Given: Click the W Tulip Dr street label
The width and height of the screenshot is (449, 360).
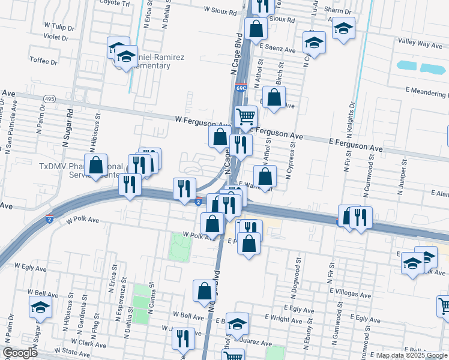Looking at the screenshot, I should pyautogui.click(x=59, y=28).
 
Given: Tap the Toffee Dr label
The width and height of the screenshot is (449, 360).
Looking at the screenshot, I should pyautogui.click(x=44, y=61).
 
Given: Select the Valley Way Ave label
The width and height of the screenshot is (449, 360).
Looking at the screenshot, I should pyautogui.click(x=420, y=44).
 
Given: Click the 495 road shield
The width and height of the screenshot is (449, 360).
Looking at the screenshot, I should pyautogui.click(x=50, y=98).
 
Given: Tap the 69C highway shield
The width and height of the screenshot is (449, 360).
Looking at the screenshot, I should pyautogui.click(x=241, y=88).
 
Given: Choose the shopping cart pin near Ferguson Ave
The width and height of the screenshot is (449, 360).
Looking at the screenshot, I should pyautogui.click(x=245, y=116).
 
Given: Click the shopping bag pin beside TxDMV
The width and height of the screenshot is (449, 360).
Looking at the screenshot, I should pyautogui.click(x=95, y=165).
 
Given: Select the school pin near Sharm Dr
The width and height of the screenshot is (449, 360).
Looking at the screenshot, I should pyautogui.click(x=343, y=28).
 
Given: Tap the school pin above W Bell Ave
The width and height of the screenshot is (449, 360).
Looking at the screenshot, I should pyautogui.click(x=40, y=307).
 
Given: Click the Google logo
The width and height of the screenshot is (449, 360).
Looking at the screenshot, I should pyautogui.click(x=19, y=353).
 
